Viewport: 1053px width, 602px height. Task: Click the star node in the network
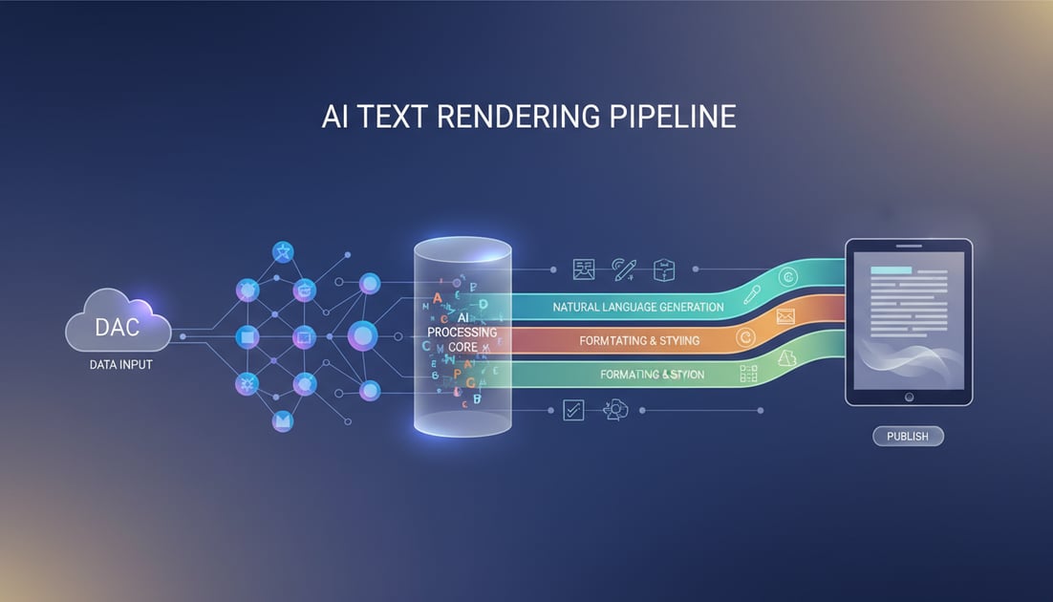(x=283, y=251)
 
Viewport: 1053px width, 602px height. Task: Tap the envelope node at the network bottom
(x=282, y=420)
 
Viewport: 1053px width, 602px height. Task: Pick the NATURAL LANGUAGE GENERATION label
(x=637, y=308)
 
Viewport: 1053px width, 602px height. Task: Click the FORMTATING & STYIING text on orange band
(x=639, y=340)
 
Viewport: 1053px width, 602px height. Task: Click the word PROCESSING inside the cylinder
(x=462, y=332)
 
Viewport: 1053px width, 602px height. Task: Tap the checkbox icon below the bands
(x=573, y=410)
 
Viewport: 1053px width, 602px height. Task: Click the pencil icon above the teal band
(x=624, y=269)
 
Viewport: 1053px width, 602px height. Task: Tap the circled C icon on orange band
(x=746, y=337)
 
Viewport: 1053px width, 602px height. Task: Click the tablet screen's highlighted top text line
(x=890, y=270)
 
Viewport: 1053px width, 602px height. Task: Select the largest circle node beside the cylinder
(x=362, y=335)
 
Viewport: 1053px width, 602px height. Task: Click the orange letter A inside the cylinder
(x=438, y=298)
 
